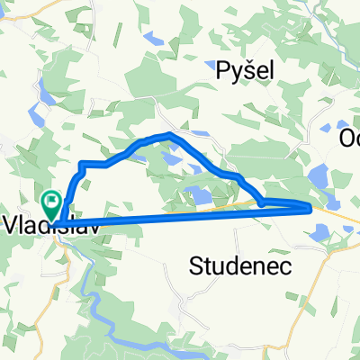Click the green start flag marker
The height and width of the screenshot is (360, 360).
coord(52,200)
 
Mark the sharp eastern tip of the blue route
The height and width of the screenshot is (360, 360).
coord(310,208)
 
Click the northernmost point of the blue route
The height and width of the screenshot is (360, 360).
coord(169,134)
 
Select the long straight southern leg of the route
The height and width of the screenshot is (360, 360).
coord(180,217)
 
